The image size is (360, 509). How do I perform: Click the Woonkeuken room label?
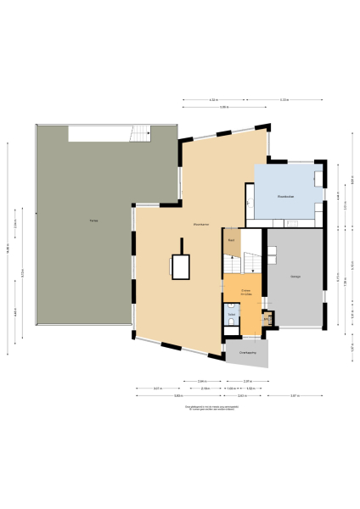(x=285, y=196)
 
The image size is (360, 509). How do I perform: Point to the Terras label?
(x=93, y=221)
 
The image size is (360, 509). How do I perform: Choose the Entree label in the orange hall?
(x=246, y=290)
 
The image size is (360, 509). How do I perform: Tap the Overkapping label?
(x=247, y=350)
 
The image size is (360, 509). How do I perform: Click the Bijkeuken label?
(x=230, y=240)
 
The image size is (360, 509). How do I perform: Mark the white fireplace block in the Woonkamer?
(x=180, y=267)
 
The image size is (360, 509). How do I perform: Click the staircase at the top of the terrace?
(x=138, y=133)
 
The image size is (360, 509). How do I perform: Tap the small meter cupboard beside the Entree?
(x=267, y=319)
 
